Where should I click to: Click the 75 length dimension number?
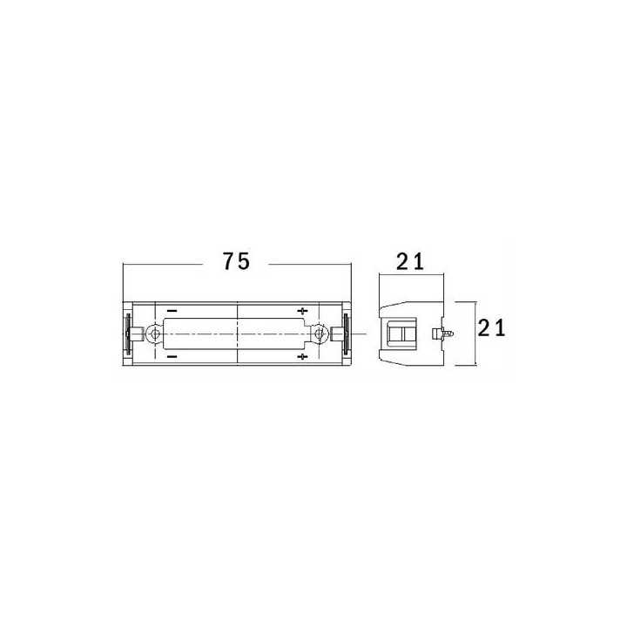click(236, 261)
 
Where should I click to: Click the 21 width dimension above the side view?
click(411, 261)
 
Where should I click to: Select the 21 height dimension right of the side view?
click(493, 328)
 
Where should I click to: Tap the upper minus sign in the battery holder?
click(172, 311)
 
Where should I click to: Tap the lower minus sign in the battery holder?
click(172, 357)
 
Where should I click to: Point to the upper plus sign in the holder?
click(302, 311)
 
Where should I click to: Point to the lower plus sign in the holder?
click(302, 357)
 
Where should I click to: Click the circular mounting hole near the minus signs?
click(154, 334)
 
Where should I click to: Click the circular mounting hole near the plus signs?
click(320, 334)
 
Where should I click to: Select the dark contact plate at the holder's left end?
click(129, 334)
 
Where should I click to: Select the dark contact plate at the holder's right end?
click(346, 334)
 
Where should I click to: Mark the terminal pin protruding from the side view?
click(446, 333)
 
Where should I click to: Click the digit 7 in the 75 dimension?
click(228, 261)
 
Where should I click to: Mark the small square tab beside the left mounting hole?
click(138, 334)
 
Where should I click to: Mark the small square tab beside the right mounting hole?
click(335, 334)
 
